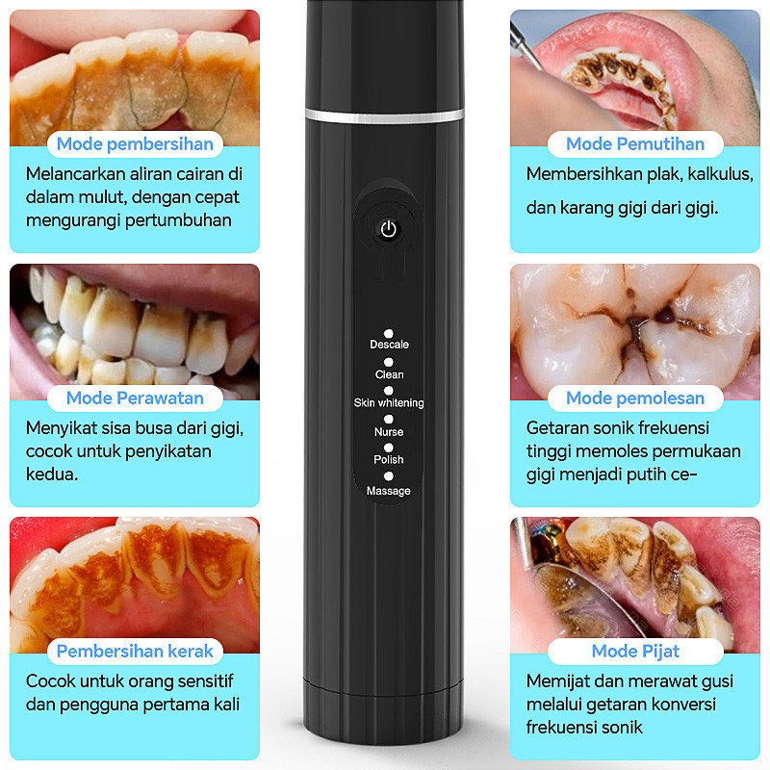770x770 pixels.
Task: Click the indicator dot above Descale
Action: (x=389, y=333)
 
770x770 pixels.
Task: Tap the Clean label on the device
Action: (x=390, y=374)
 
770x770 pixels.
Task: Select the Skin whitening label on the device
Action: (x=389, y=402)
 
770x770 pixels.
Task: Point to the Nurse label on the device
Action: (x=389, y=432)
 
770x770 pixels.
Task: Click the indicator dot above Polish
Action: (x=389, y=448)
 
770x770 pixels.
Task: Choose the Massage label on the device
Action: (x=389, y=491)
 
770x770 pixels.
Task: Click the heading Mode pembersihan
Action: (x=135, y=144)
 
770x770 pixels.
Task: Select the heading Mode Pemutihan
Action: (x=635, y=143)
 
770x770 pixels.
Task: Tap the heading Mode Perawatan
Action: (x=135, y=398)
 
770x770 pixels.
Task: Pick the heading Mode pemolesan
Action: (x=635, y=398)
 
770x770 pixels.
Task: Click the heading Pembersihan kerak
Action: (x=135, y=652)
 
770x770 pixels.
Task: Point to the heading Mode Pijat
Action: (x=635, y=652)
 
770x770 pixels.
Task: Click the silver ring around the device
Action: (x=384, y=116)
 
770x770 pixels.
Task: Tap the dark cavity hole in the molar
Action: (x=666, y=316)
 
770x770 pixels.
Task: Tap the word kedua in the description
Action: (x=52, y=475)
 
